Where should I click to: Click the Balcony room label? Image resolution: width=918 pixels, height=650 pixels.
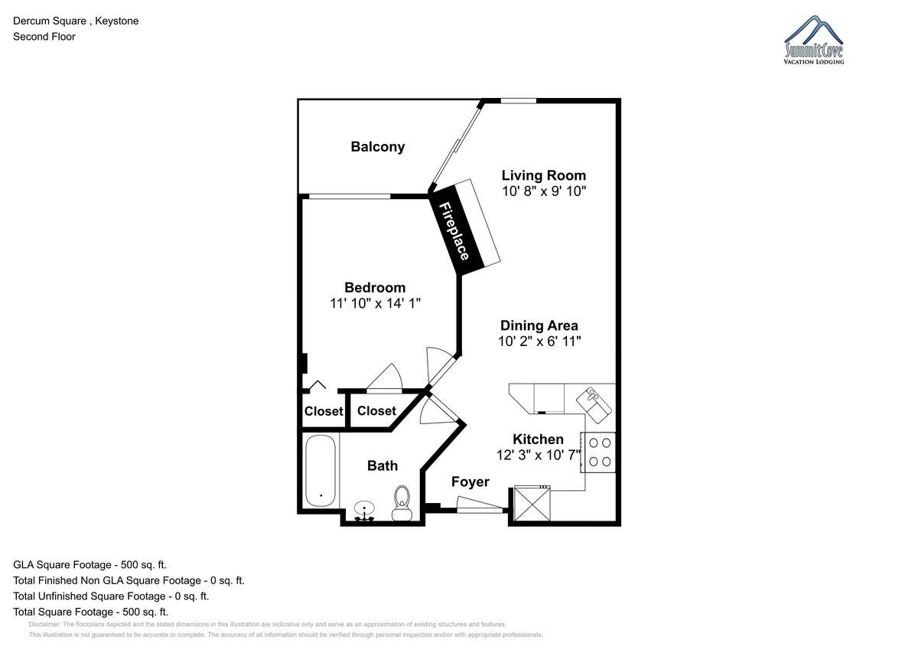tap(377, 147)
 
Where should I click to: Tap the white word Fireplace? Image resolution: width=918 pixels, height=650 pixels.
tap(454, 231)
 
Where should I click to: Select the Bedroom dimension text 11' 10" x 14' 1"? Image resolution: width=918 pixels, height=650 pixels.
tap(375, 303)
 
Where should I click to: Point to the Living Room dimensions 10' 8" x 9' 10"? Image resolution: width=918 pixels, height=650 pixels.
tap(544, 191)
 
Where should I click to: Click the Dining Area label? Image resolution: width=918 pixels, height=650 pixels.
tap(539, 325)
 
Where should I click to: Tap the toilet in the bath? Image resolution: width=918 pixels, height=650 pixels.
tap(402, 503)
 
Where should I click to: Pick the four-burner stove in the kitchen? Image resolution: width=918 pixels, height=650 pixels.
tap(598, 452)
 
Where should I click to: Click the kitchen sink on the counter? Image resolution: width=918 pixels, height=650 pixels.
tap(594, 405)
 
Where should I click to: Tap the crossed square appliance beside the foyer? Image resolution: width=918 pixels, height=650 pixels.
tap(532, 503)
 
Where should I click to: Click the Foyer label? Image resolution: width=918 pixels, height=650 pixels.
tap(470, 482)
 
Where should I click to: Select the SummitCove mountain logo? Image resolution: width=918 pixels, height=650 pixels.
tap(813, 40)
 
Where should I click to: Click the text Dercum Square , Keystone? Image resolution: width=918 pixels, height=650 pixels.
tap(76, 21)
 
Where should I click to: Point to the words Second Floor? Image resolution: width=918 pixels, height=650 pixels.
tap(44, 37)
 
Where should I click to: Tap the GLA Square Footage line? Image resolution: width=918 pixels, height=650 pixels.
tap(90, 565)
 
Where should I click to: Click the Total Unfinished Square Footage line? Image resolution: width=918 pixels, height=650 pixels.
tap(111, 596)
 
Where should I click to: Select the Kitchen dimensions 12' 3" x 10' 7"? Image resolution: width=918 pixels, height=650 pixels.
tap(539, 455)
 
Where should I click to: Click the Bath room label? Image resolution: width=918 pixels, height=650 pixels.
tap(382, 465)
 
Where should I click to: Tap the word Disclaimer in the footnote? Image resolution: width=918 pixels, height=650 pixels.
tap(44, 624)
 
